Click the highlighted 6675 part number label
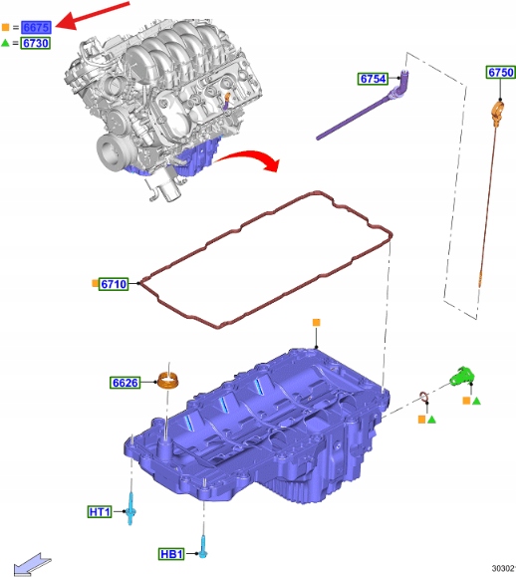pyautogui.click(x=36, y=27)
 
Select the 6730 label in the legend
pyautogui.click(x=35, y=43)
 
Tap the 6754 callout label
pyautogui.click(x=373, y=79)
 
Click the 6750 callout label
pyautogui.click(x=500, y=72)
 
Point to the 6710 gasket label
pyautogui.click(x=114, y=284)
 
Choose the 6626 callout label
pyautogui.click(x=126, y=383)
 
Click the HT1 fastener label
pyautogui.click(x=100, y=512)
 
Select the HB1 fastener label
pyautogui.click(x=171, y=554)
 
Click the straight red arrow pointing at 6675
pyautogui.click(x=93, y=15)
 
